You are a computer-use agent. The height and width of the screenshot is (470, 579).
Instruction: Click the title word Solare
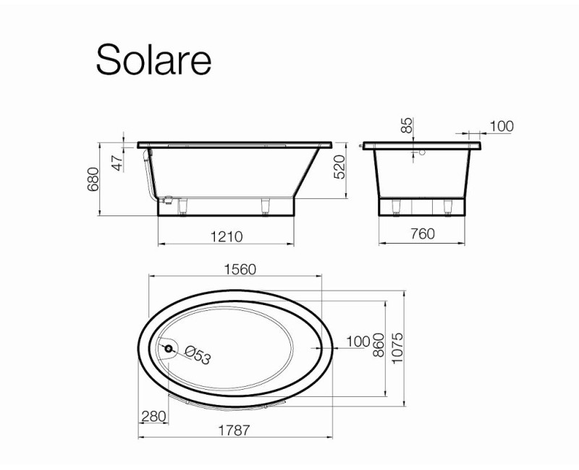point(153,59)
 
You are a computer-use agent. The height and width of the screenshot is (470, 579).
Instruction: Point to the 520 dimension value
point(341,170)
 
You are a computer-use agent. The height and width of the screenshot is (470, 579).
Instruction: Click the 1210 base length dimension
point(225,236)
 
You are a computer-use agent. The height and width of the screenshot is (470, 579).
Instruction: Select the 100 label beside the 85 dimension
point(501,127)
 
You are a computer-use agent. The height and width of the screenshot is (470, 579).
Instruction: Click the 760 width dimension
point(422,234)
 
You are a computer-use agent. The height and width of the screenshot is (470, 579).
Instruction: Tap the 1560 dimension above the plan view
point(238,269)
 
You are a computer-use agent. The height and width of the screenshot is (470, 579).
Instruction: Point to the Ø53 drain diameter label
point(197,354)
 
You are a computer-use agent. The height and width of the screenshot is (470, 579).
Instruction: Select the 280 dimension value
point(154,417)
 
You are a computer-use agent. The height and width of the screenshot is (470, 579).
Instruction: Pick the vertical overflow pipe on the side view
point(148,174)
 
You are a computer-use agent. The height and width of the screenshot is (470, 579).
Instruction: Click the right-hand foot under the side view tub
point(265,208)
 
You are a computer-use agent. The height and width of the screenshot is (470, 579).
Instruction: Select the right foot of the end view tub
point(448,209)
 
